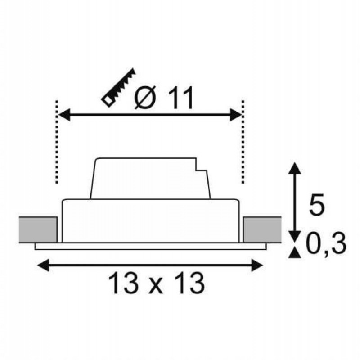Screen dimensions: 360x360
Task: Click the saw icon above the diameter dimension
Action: (118, 88)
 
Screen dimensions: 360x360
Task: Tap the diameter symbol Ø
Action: (145, 98)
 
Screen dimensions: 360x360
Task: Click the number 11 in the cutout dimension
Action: (180, 99)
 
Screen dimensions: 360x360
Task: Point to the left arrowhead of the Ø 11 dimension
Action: (64, 115)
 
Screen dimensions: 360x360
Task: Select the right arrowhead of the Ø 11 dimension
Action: (236, 115)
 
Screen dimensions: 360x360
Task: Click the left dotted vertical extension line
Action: (57, 142)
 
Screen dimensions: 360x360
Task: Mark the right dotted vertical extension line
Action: (243, 142)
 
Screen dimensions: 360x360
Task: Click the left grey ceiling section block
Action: (38, 229)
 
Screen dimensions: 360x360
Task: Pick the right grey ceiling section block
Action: (262, 229)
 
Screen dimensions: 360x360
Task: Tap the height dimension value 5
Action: (317, 204)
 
